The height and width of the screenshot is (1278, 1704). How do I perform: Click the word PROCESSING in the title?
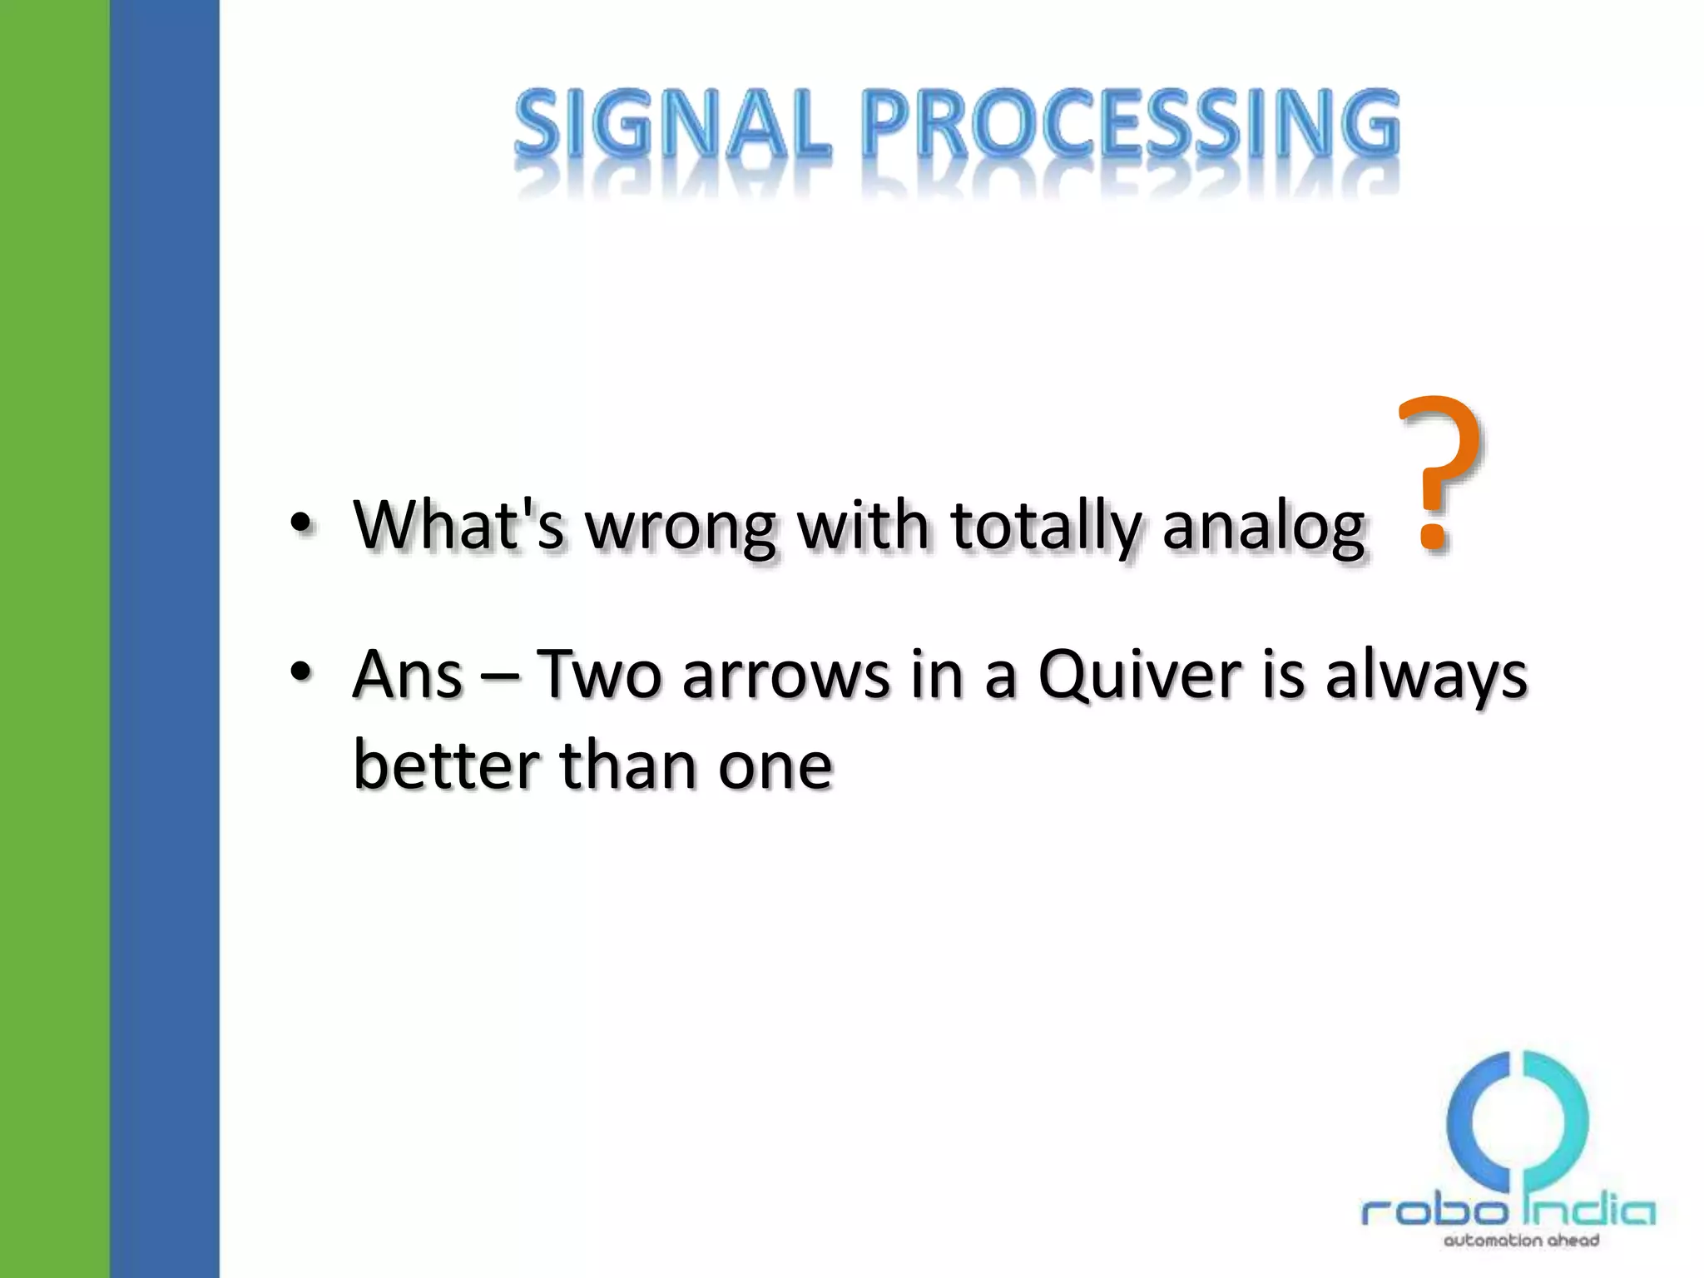(x=1129, y=125)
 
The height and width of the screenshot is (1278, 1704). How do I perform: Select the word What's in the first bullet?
(x=458, y=525)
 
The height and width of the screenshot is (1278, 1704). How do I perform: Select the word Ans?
(x=407, y=674)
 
